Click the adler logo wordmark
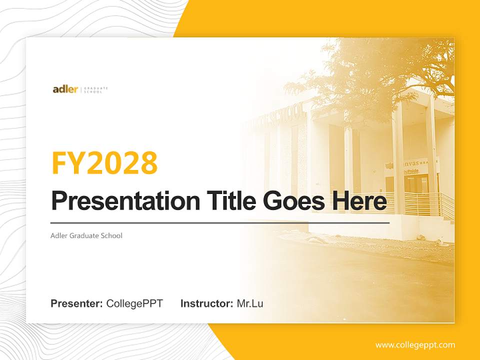pos(65,89)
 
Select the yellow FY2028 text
pos(104,163)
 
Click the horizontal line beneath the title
pos(220,223)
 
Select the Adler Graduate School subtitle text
pos(86,235)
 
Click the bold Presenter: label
pos(77,303)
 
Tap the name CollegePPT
pos(134,303)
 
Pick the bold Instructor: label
pos(206,303)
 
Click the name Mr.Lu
pos(250,303)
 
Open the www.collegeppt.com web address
pos(415,345)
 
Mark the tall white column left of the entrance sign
pos(397,160)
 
